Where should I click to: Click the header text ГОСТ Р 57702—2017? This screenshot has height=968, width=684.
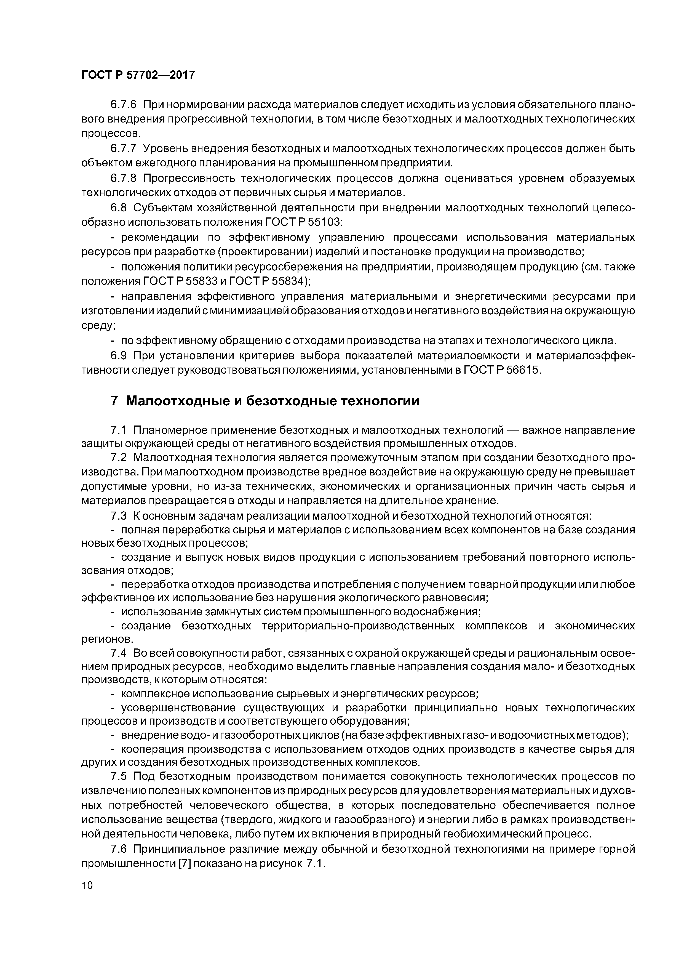[x=138, y=75]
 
